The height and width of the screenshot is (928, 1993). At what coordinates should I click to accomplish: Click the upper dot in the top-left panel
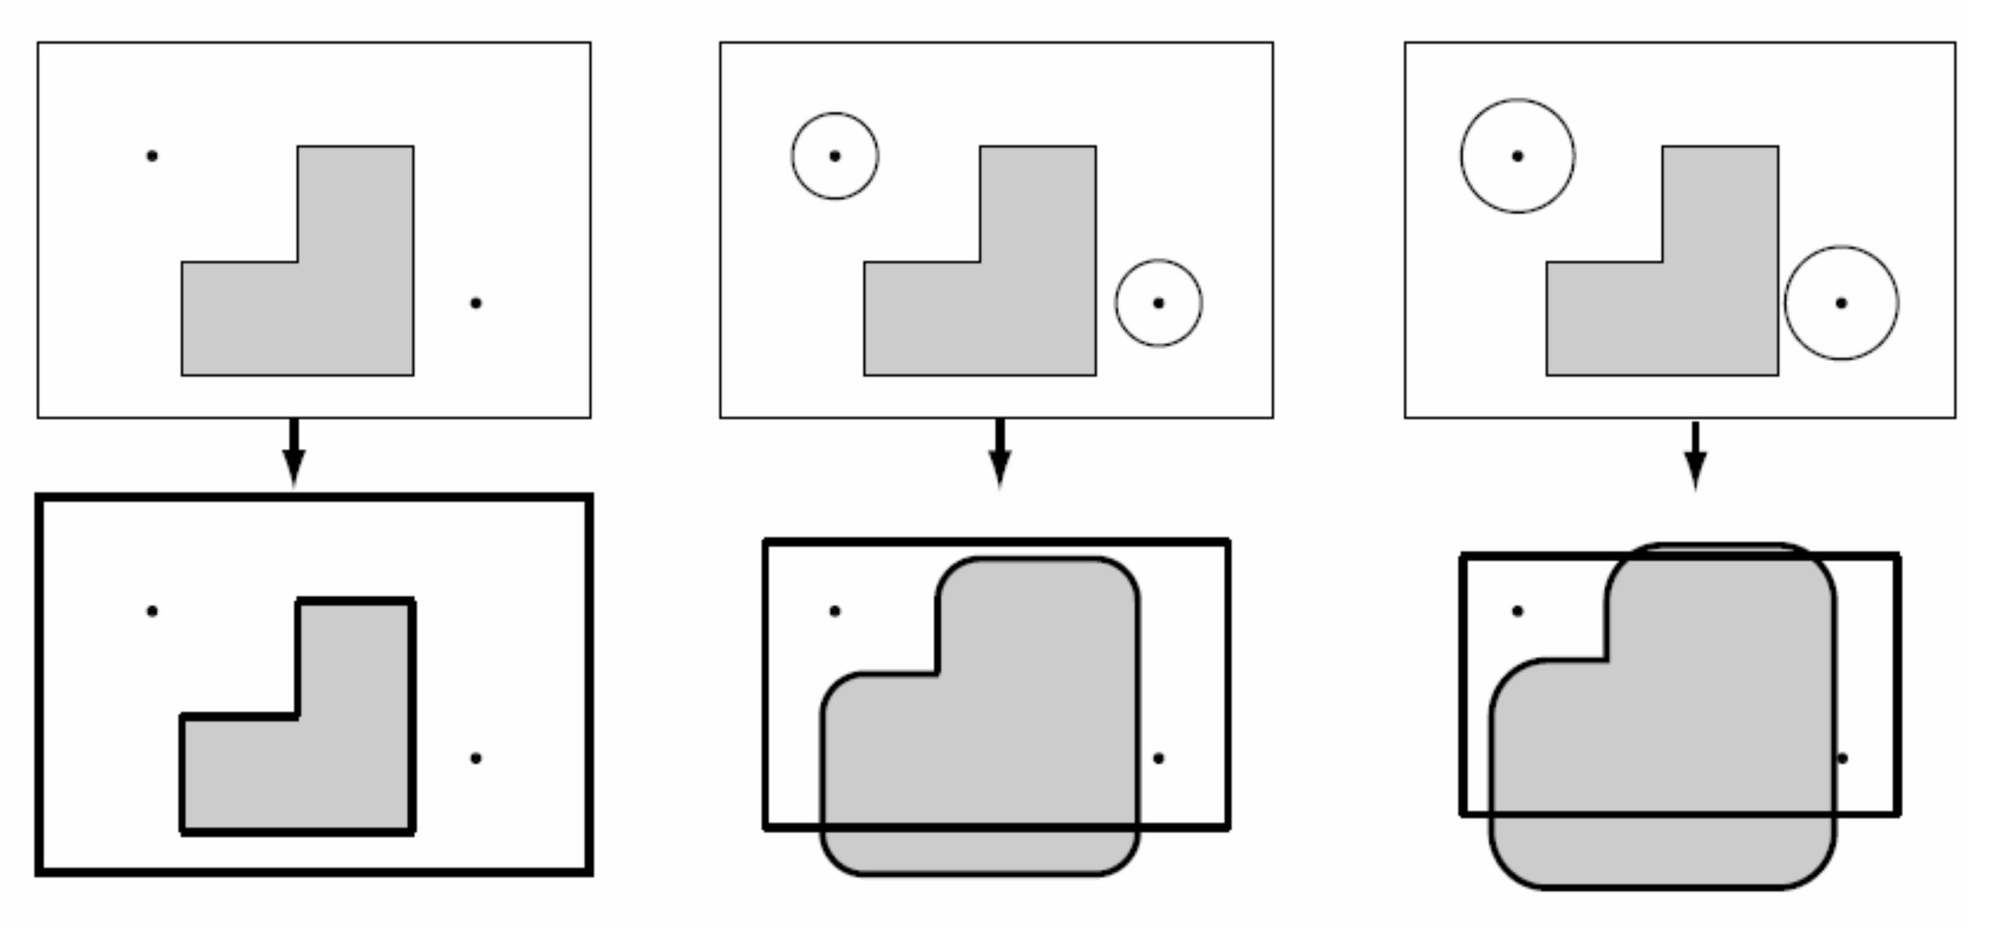pos(152,156)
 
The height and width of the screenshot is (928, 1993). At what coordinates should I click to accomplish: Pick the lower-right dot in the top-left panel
pos(476,303)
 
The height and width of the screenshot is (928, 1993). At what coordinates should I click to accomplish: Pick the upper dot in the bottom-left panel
pos(152,611)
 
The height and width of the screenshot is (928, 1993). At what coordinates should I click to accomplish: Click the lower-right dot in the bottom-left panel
pos(476,758)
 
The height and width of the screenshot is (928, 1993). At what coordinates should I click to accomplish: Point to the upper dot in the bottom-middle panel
pos(835,611)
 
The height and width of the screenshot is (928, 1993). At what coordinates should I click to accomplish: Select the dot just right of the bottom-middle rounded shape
pos(1158,758)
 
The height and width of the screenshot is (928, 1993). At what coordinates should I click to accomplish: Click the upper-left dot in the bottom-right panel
pos(1517,611)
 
